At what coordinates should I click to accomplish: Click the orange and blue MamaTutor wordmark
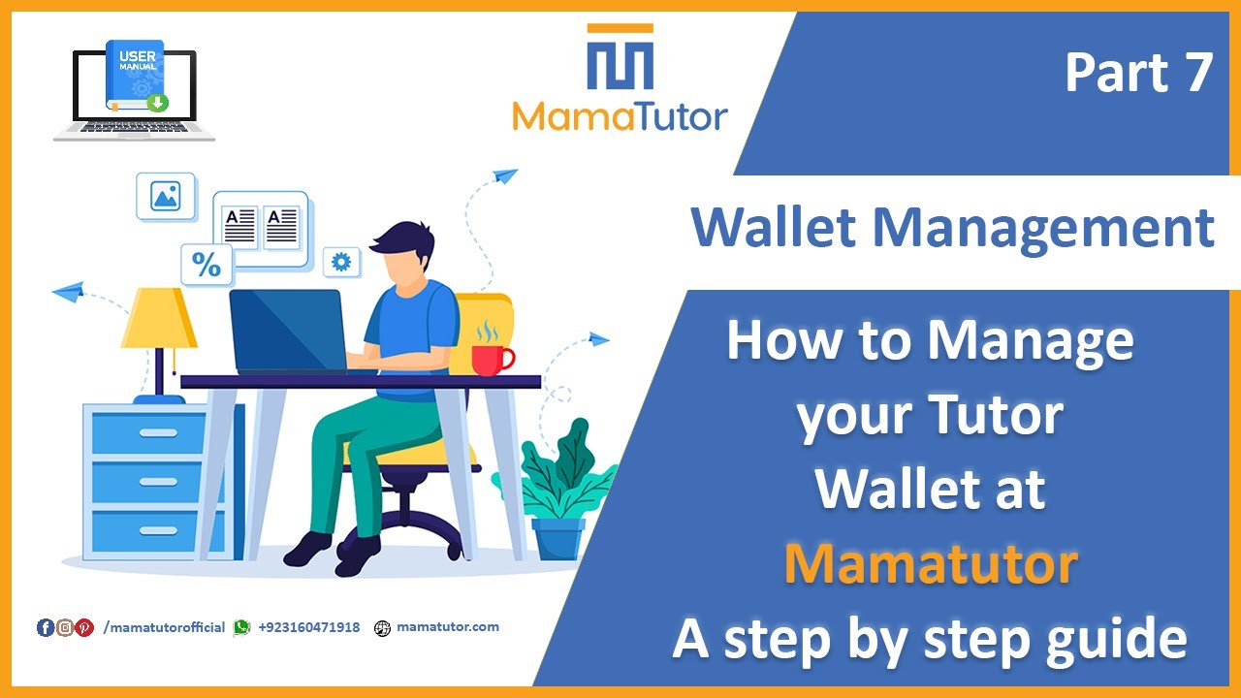(620, 117)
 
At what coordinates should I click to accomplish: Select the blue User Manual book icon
(135, 77)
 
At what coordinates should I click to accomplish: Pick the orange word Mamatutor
(930, 564)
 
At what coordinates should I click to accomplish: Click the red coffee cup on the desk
(491, 358)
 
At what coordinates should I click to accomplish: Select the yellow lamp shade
(158, 319)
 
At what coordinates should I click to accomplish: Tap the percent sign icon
(207, 265)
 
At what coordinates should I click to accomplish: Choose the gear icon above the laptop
(340, 262)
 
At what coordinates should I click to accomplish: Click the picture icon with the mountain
(166, 197)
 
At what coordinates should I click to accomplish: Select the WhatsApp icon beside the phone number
(241, 627)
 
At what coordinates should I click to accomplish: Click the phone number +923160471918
(308, 627)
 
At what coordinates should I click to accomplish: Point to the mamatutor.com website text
(448, 626)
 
